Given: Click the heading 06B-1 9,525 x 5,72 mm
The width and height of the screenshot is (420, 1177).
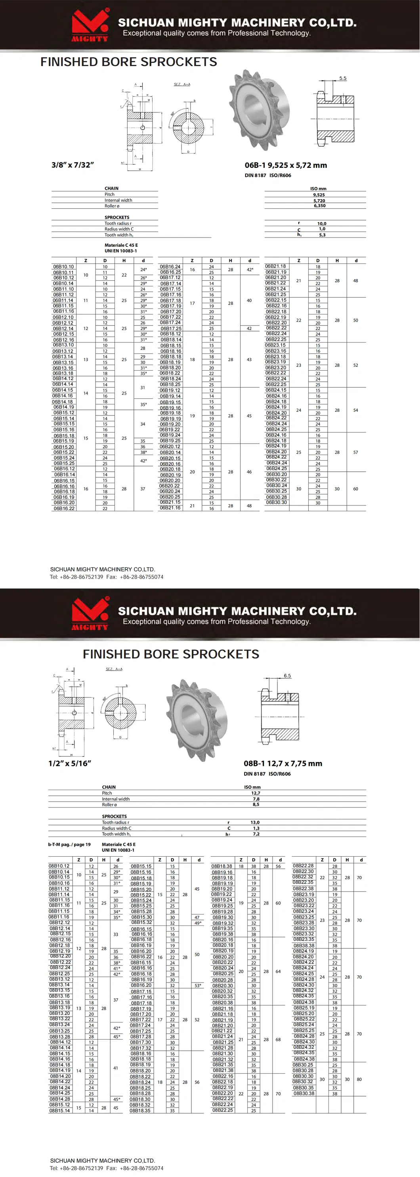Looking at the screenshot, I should pyautogui.click(x=286, y=166).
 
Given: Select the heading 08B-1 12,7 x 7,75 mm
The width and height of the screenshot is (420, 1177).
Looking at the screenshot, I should pyautogui.click(x=283, y=763).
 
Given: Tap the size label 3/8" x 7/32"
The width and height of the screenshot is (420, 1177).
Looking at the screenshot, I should pyautogui.click(x=73, y=165).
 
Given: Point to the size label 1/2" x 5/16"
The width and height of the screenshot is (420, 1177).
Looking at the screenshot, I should pyautogui.click(x=70, y=763).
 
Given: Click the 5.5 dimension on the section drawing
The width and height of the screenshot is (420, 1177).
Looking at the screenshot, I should pyautogui.click(x=343, y=78).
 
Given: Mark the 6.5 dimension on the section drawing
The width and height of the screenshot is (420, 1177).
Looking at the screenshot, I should pyautogui.click(x=287, y=675).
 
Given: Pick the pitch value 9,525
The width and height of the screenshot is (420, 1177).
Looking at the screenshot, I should pyautogui.click(x=319, y=194).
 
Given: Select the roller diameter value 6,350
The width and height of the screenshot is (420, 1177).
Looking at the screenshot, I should pyautogui.click(x=319, y=206).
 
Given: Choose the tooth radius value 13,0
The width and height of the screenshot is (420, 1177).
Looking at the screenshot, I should pyautogui.click(x=255, y=823).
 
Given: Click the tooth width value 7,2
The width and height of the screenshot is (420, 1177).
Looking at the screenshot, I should pyautogui.click(x=256, y=834).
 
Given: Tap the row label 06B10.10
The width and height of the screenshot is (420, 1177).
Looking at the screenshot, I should pyautogui.click(x=63, y=267).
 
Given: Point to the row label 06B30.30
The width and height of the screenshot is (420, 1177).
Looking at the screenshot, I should pyautogui.click(x=277, y=502).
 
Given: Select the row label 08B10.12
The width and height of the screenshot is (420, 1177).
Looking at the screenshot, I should pyautogui.click(x=59, y=866).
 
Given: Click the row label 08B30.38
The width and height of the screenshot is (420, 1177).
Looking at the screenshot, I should pyautogui.click(x=304, y=1093).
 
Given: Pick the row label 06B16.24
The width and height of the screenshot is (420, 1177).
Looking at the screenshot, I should pyautogui.click(x=170, y=267).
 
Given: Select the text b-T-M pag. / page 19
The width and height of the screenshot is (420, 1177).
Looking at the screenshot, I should pyautogui.click(x=69, y=844).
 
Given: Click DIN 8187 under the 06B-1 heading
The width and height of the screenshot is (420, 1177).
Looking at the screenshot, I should pyautogui.click(x=255, y=175).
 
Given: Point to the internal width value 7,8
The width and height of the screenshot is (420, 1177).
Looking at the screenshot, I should pyautogui.click(x=256, y=799).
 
